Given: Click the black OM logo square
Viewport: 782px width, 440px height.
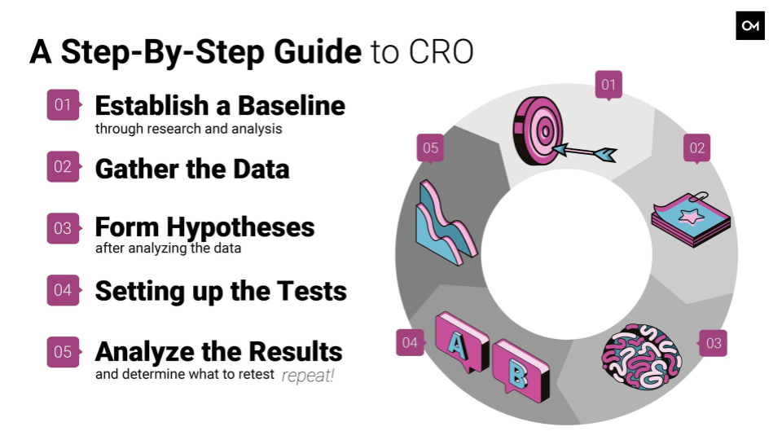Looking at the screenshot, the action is tap(750, 25).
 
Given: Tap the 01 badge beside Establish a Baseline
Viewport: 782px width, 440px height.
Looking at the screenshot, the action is tap(64, 105).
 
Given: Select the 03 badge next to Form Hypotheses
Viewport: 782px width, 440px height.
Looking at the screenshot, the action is tap(64, 228).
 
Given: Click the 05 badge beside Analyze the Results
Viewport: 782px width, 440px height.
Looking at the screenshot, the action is tap(64, 352).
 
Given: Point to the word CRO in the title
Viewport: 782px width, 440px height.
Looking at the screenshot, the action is tap(441, 52).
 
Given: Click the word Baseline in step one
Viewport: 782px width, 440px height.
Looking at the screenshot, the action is tap(292, 106).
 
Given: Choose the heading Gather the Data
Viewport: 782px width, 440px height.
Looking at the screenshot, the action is tap(192, 169).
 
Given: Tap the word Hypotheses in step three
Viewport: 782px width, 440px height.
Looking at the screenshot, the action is tap(240, 227).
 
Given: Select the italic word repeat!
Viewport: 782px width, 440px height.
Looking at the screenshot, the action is tap(308, 375).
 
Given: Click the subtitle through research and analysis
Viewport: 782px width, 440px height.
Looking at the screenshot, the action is tap(188, 129).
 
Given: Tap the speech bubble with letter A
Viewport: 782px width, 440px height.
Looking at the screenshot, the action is tap(462, 343).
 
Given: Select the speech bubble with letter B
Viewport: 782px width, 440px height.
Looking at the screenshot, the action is tap(521, 370).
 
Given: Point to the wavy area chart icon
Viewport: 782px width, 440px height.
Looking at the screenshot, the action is tap(446, 223).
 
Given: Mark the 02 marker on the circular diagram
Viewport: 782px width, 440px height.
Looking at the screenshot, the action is tap(696, 148).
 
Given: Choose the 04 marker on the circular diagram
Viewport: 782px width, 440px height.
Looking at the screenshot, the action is tap(411, 343).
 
